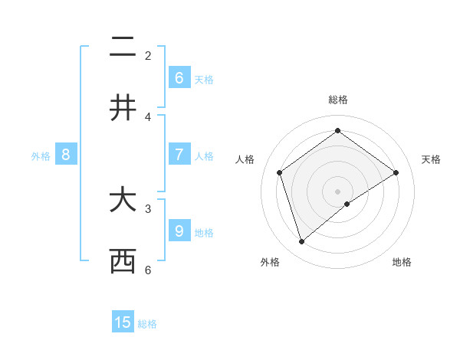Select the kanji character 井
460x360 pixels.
pos(123,108)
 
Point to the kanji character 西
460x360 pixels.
pos(123,261)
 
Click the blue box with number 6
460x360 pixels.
pos(179,78)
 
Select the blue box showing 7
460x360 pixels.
pos(179,155)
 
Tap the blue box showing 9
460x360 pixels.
pos(179,231)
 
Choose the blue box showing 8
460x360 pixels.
pos(66,155)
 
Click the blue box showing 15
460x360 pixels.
pos(123,322)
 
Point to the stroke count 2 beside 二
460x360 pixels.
pos(148,56)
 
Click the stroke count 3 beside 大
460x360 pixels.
pos(148,208)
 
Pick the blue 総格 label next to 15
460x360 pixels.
pos(147,324)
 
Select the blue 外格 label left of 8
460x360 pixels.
pos(41,156)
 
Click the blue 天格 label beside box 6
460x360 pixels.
pos(203,80)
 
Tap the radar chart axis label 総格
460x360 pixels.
pos(337,100)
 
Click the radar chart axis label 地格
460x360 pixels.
pos(402,262)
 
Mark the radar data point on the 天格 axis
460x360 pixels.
pos(396,172)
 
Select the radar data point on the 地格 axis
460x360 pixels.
pos(347,204)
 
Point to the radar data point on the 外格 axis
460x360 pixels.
pos(301,242)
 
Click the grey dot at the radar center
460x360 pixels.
pos(337,191)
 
